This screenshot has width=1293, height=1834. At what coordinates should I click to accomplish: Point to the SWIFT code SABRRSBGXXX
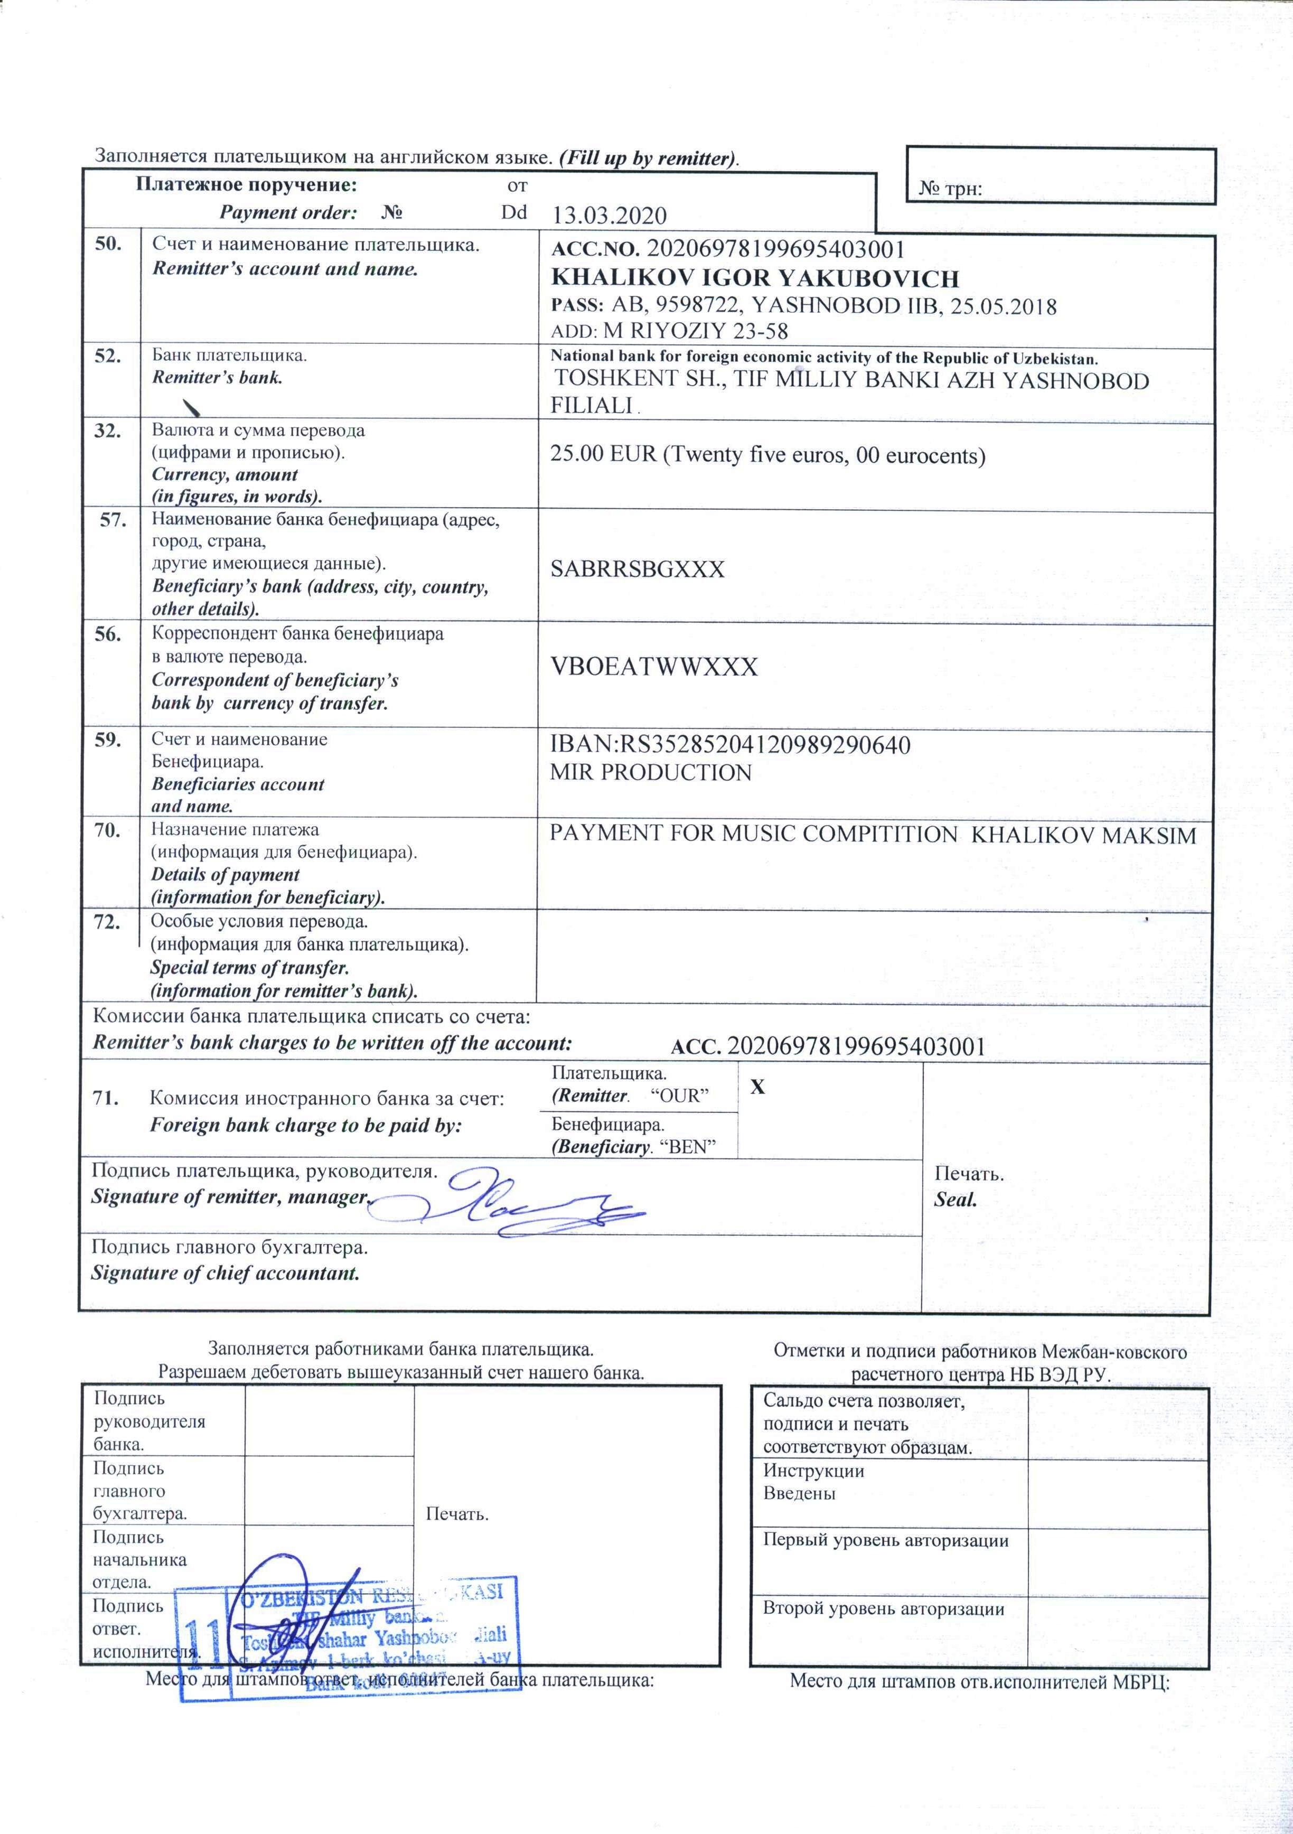pos(638,569)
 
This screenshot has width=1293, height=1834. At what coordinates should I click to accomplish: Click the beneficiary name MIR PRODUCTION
pos(651,772)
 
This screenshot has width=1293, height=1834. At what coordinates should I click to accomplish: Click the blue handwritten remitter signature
pos(511,1207)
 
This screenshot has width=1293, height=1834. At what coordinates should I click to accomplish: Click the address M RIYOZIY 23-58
pos(697,332)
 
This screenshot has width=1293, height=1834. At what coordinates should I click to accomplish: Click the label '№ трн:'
pos(950,189)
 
